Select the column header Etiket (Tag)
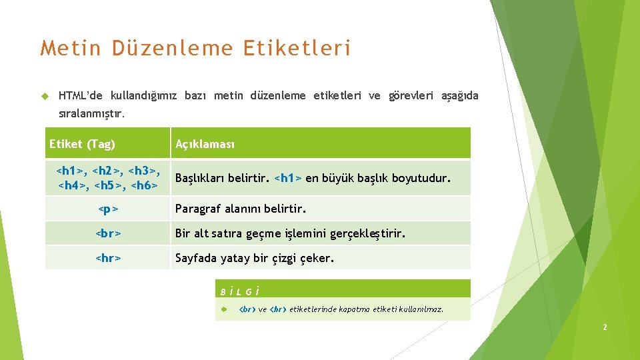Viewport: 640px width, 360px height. [82, 144]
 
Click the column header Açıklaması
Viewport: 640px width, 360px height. [205, 144]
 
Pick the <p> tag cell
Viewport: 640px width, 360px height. [108, 209]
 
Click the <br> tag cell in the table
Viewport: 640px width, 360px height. [108, 234]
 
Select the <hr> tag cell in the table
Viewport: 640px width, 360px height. [108, 258]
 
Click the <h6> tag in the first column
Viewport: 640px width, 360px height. [145, 185]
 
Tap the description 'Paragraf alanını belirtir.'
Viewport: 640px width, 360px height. [240, 209]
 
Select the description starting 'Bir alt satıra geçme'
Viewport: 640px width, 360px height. [289, 234]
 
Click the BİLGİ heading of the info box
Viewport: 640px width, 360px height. [239, 291]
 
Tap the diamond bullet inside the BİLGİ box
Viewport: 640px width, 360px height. [225, 309]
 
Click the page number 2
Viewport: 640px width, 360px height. [604, 327]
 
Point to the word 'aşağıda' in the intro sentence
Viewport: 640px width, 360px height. [459, 96]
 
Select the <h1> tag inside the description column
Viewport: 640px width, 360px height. [288, 179]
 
